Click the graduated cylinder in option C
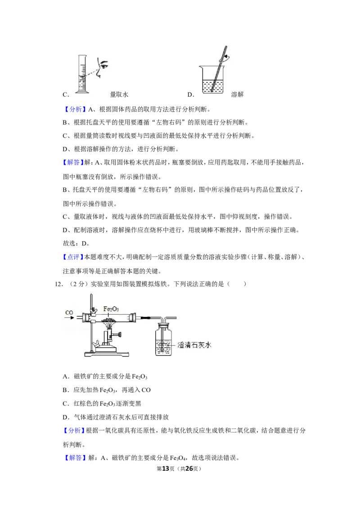coord(82,74)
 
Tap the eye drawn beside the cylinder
coord(104,65)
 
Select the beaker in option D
coord(212,80)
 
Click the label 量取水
coord(119,94)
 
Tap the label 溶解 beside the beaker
coord(238,94)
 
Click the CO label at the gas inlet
coord(69,313)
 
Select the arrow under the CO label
coord(69,318)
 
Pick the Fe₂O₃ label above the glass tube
coord(111,309)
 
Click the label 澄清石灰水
coord(194,345)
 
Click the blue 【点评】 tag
coord(73,257)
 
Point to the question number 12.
coord(58,284)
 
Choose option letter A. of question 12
coord(66,376)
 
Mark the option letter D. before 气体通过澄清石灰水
coord(66,417)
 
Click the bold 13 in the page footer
coord(166,469)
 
